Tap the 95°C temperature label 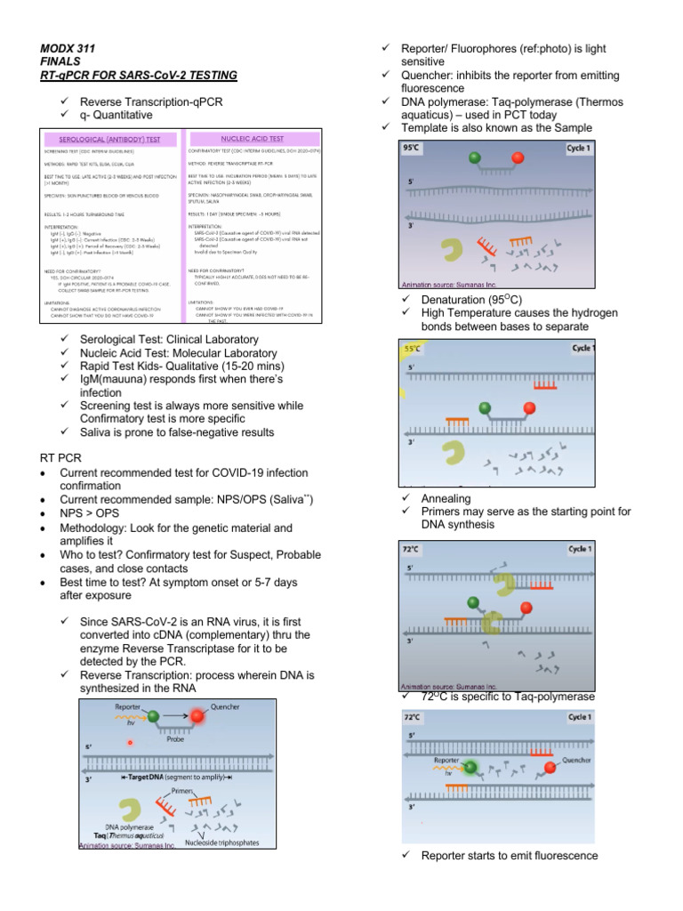click(x=413, y=148)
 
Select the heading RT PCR click(x=60, y=457)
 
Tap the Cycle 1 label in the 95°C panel click(x=577, y=148)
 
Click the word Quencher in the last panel click(x=583, y=761)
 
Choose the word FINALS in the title click(x=60, y=61)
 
